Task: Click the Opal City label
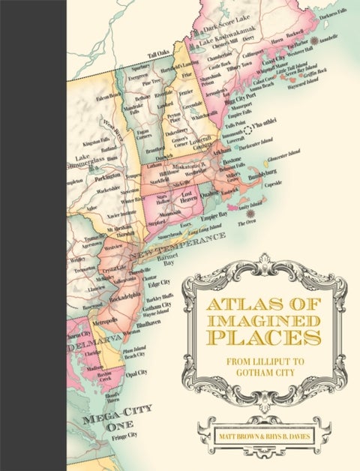[x=136, y=373]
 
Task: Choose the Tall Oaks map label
[x=159, y=53]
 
